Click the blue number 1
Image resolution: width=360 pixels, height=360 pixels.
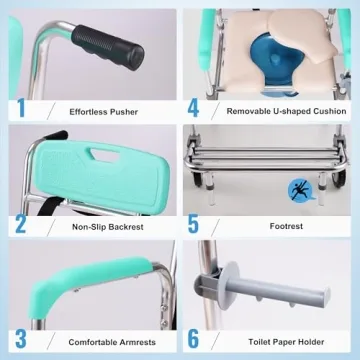pyautogui.click(x=21, y=107)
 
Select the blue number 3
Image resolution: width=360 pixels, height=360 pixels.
pyautogui.click(x=21, y=339)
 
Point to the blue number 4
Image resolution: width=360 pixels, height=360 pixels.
pyautogui.click(x=193, y=107)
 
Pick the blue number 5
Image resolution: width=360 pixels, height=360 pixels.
pyautogui.click(x=193, y=224)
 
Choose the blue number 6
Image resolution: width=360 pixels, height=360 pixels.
pyautogui.click(x=193, y=339)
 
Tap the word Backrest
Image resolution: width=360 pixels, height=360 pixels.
pyautogui.click(x=125, y=227)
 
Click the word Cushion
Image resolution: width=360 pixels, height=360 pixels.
pyautogui.click(x=329, y=111)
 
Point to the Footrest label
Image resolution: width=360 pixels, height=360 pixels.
pyautogui.click(x=286, y=226)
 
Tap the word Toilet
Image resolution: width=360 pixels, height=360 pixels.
pyautogui.click(x=258, y=342)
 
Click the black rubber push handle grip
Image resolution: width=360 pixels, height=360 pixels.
pyautogui.click(x=108, y=48)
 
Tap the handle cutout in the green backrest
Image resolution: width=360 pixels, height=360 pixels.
pyautogui.click(x=105, y=155)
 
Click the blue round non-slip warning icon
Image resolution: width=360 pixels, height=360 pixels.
pyautogui.click(x=300, y=190)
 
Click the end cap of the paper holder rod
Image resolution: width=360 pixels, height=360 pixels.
pyautogui.click(x=325, y=298)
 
